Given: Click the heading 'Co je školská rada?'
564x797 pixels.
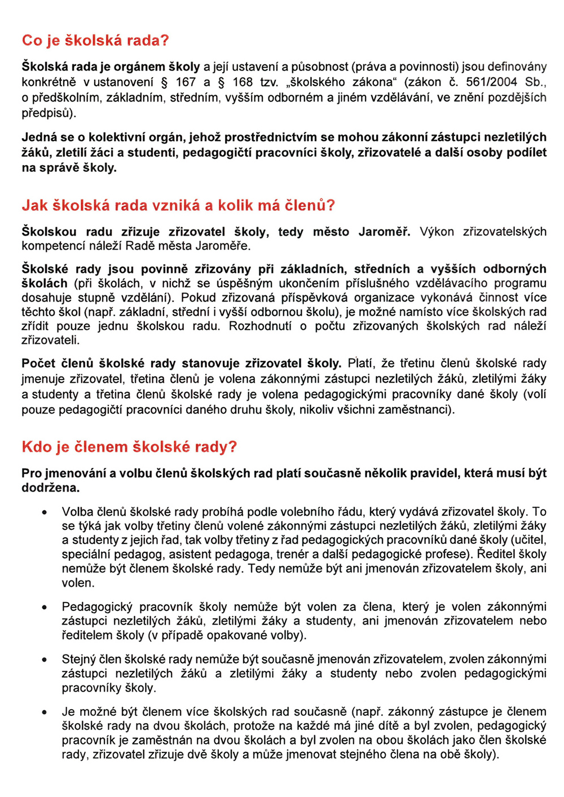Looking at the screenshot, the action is [95, 41].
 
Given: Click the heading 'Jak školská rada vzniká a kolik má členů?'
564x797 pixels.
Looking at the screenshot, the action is [178, 205].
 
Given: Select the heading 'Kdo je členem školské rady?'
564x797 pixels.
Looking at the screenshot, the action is [129, 447].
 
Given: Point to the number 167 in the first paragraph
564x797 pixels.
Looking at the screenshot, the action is [186, 82].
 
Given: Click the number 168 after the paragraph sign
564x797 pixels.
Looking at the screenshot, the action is [243, 82].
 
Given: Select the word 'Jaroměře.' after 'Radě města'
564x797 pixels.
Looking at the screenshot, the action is [224, 246].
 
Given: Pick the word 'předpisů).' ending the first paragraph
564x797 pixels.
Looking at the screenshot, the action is [49, 112].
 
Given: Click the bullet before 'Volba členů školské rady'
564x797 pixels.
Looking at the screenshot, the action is [45, 512].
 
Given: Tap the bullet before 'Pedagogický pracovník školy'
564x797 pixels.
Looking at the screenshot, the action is [45, 608].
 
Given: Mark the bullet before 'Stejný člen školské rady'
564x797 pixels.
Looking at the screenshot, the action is [45, 659].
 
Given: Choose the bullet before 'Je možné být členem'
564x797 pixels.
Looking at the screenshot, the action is [45, 712].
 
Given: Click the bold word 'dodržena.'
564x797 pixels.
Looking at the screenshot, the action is [51, 488].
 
